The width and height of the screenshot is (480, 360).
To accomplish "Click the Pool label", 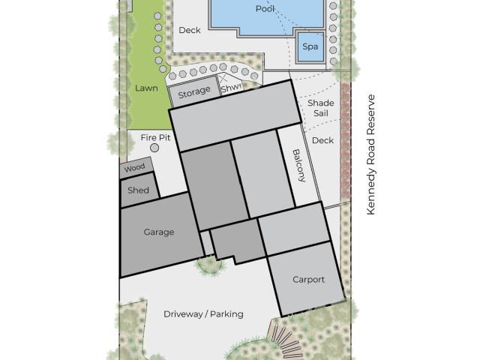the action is [265, 9].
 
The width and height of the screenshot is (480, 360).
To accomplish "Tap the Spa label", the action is [310, 46].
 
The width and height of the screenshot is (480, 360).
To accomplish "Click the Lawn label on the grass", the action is [146, 88].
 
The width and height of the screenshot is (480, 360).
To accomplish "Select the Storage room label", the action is [194, 91].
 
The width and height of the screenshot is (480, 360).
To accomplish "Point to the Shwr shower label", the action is [232, 88].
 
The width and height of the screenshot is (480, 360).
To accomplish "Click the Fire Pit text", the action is [155, 138].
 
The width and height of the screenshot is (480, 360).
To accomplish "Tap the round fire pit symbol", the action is [155, 148].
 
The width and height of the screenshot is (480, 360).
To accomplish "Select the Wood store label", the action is [134, 168].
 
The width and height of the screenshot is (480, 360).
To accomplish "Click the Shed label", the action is [138, 190].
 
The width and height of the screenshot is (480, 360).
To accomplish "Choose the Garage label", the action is [159, 232].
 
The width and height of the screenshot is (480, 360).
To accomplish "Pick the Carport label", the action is [308, 280].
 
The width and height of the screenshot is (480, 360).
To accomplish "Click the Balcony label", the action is [299, 166].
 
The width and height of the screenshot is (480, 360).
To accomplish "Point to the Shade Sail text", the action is [321, 108].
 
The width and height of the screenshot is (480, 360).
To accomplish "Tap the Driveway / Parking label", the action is [203, 314].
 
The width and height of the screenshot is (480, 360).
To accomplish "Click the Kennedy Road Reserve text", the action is [370, 154].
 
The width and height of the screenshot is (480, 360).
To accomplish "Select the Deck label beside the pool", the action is [190, 30].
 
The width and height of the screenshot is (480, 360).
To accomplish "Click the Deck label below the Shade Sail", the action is [322, 140].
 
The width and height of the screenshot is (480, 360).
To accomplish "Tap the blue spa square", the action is [310, 46].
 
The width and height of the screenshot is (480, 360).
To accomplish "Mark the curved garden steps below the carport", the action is [284, 340].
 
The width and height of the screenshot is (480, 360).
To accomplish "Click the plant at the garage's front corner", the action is [210, 265].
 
